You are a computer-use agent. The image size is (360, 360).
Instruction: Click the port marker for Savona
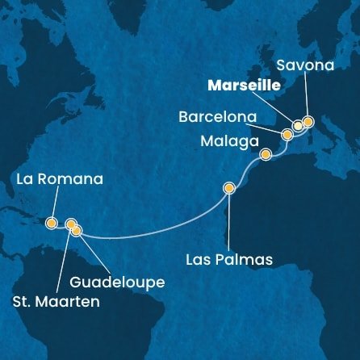(308, 121)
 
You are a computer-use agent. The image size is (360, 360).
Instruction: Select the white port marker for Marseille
(298, 125)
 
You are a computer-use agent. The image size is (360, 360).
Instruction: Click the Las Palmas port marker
(229, 189)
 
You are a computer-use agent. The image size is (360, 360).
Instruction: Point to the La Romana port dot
(52, 222)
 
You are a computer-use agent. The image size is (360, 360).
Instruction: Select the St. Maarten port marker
(70, 224)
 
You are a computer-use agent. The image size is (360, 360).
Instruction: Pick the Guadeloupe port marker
(77, 231)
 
